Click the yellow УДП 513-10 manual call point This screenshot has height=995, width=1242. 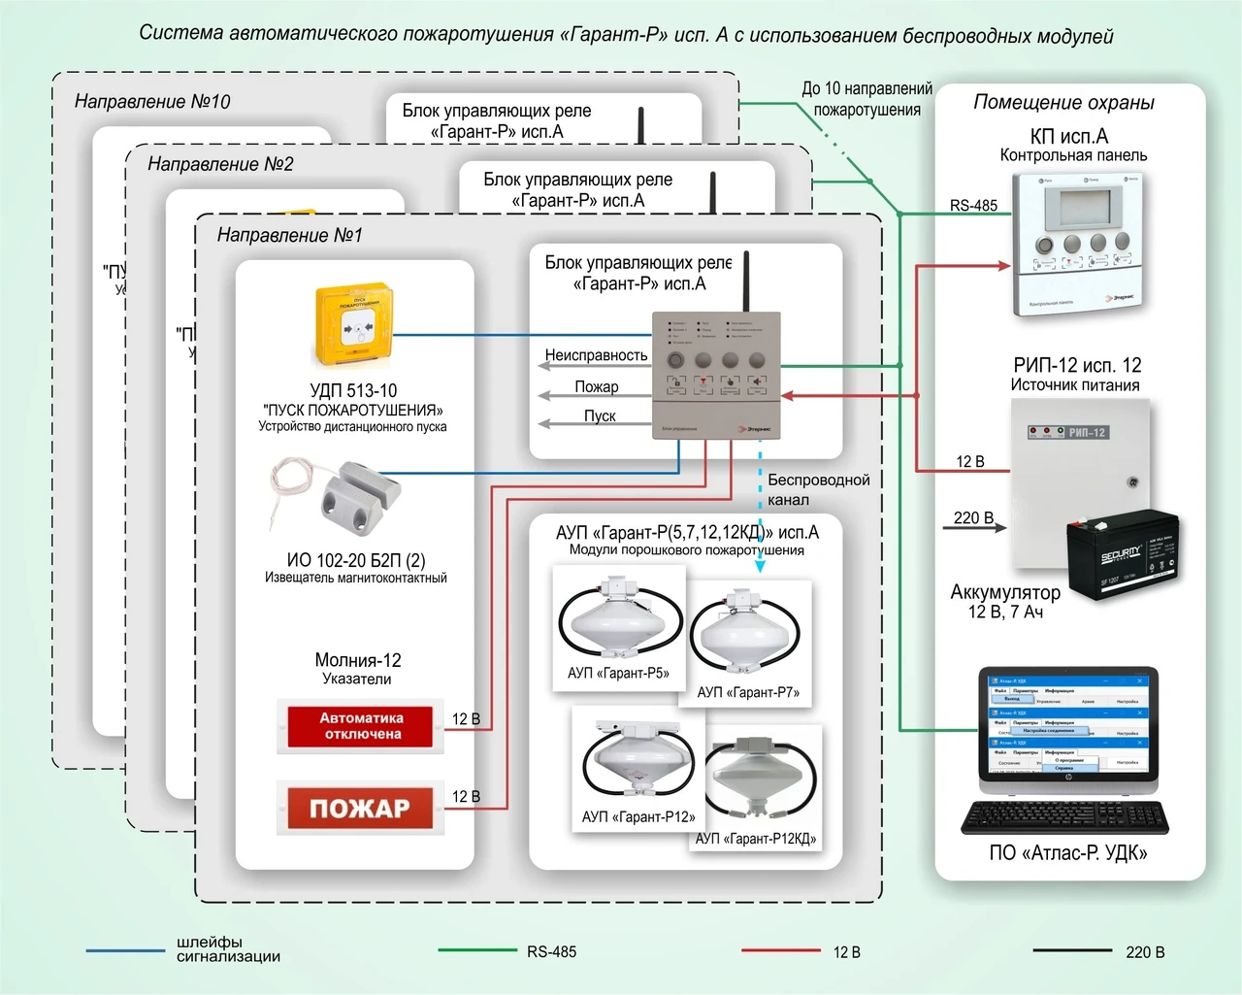pos(353,326)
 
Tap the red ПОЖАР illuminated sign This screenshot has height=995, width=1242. pos(360,808)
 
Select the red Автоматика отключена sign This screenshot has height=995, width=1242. pos(361,726)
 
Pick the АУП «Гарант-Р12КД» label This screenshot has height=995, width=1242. pos(756,839)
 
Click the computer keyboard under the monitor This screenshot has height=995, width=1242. pos(1064,817)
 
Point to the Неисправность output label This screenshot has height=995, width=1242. pos(596,355)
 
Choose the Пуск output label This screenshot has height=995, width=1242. pos(600,415)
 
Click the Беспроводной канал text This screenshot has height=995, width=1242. pos(818,489)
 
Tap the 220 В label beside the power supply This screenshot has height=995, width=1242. pos(973,517)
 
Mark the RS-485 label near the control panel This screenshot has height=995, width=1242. pos(973,205)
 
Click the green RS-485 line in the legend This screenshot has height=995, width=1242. pos(476,951)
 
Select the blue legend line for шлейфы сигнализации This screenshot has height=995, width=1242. pos(125,950)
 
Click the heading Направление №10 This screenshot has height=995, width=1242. pos(152,101)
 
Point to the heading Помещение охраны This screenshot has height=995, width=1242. pos(1063,102)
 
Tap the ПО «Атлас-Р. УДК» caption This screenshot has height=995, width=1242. pos(1067,853)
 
